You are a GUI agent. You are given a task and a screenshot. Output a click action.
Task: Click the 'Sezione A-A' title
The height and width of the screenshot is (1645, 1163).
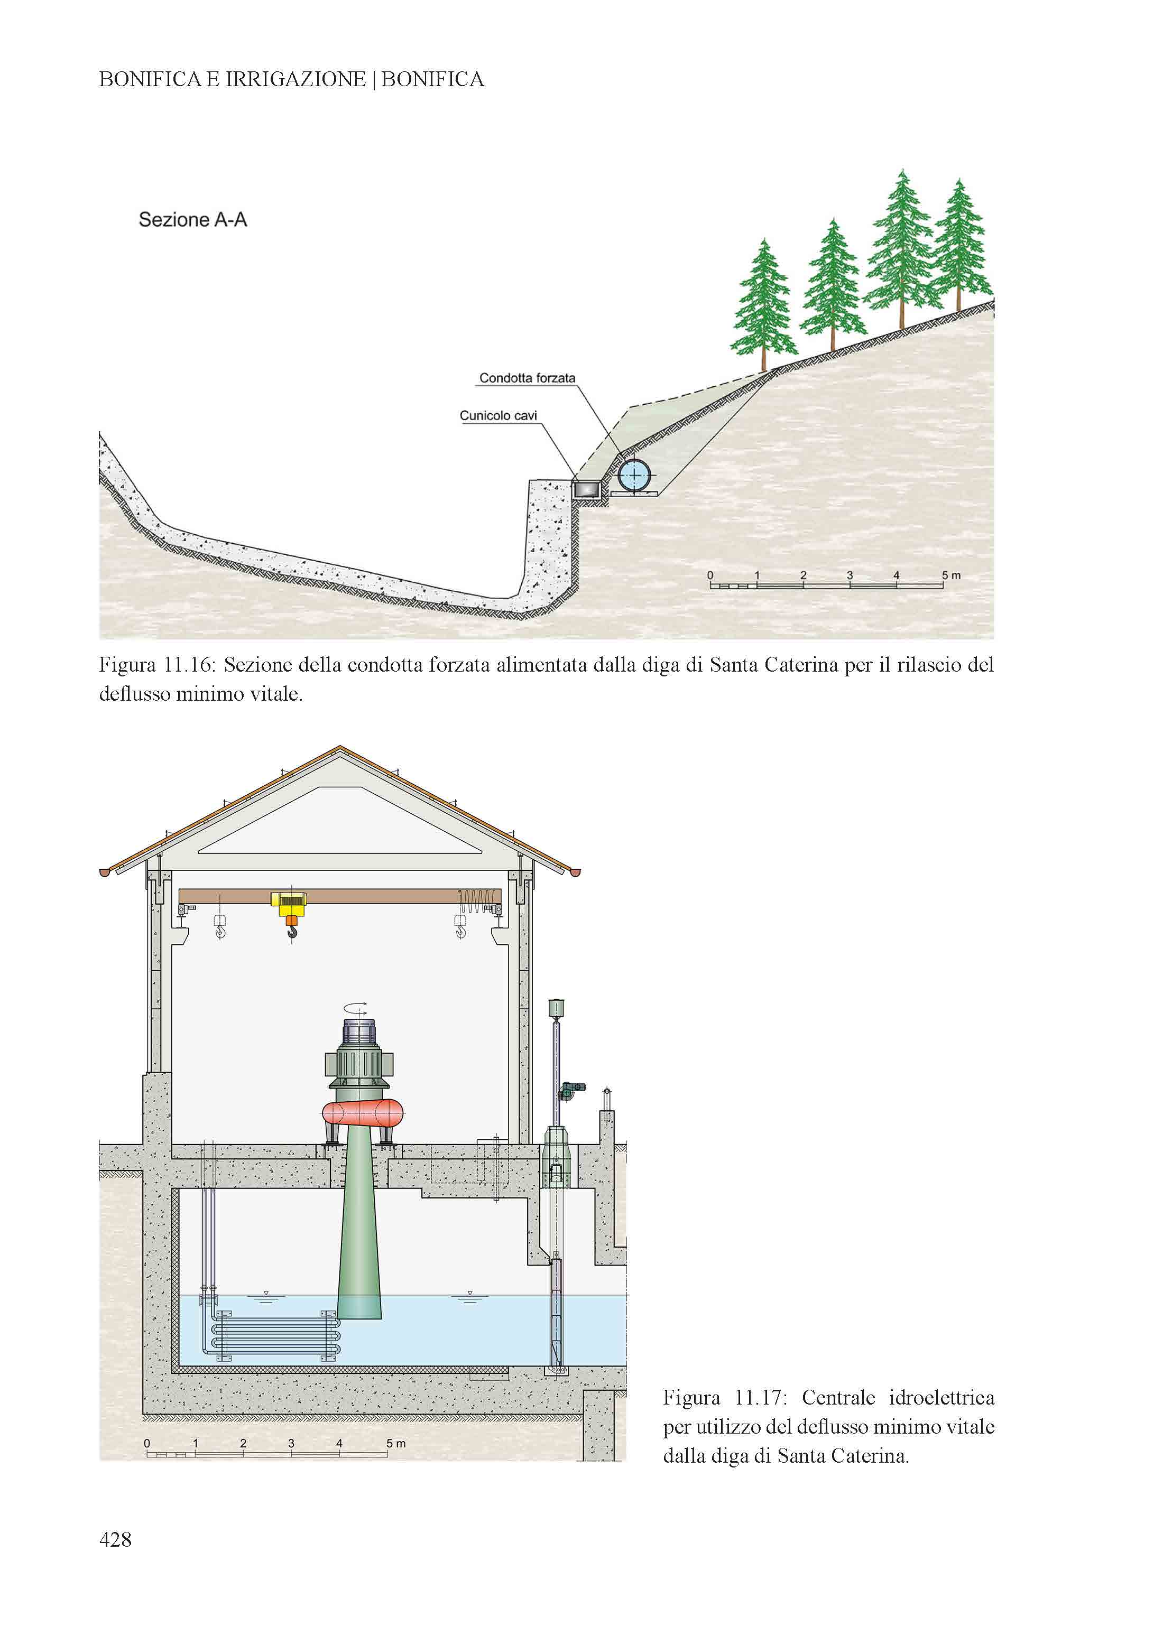click(193, 219)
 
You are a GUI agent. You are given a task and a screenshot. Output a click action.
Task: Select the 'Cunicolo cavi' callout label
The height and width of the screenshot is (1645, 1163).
click(498, 415)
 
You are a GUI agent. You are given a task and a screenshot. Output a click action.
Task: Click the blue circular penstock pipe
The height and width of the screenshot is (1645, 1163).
click(634, 475)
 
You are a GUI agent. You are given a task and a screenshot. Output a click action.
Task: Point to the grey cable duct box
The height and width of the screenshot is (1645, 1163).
click(587, 489)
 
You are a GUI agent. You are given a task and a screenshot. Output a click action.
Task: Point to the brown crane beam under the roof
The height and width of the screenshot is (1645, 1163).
click(340, 896)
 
